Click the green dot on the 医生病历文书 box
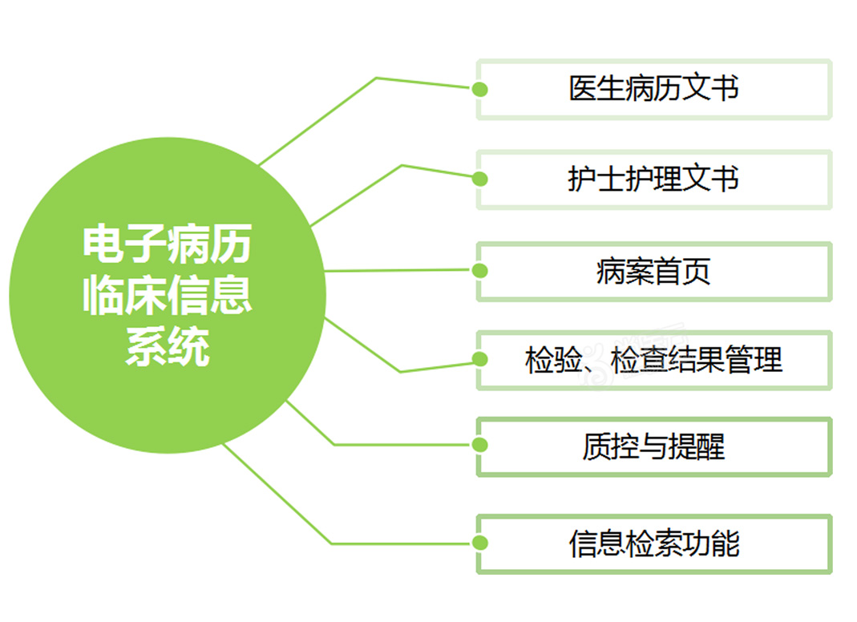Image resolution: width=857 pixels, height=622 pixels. click(x=480, y=89)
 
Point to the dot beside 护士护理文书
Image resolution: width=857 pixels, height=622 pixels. click(x=480, y=179)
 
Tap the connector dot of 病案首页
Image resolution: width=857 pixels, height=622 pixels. click(x=480, y=270)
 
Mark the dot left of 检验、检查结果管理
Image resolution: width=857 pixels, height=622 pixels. click(x=480, y=359)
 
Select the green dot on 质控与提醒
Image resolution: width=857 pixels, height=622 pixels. click(x=480, y=445)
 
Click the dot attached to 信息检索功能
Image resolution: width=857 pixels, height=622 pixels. click(x=480, y=543)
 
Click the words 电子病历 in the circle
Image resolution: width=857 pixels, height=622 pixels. click(x=168, y=244)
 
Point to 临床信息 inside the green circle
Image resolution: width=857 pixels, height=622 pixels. click(x=168, y=295)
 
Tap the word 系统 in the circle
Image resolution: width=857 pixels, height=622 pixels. click(x=168, y=345)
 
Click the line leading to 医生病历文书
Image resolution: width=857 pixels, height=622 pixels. click(x=377, y=79)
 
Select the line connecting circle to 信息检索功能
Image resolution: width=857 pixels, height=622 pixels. click(x=331, y=543)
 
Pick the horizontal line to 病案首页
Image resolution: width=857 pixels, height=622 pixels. click(x=398, y=271)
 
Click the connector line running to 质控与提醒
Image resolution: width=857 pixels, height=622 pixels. click(x=334, y=444)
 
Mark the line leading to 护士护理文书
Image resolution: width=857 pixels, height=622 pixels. click(x=402, y=166)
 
